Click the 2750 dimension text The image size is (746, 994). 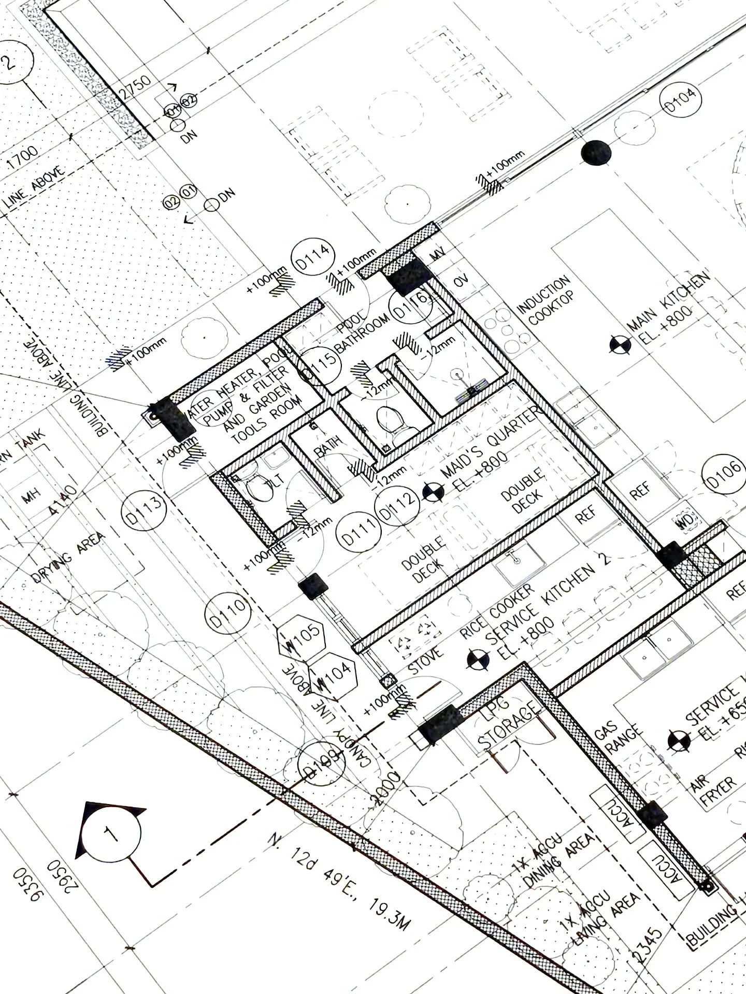136,86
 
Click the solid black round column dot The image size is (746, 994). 596,152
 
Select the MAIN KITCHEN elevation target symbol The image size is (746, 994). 620,345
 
